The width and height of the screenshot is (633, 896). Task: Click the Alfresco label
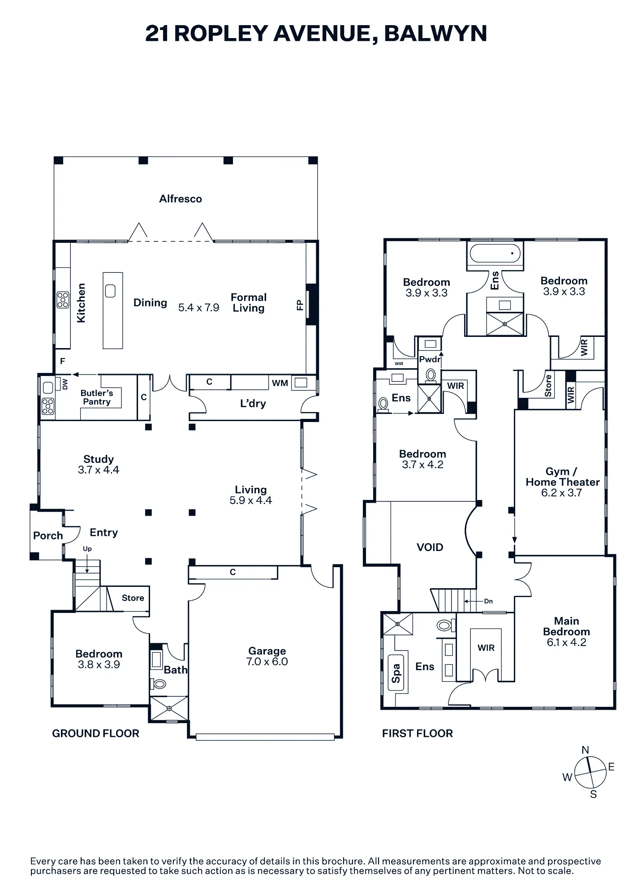181,199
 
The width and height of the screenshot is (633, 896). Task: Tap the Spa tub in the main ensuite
396,673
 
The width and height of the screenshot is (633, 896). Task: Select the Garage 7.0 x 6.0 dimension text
267,662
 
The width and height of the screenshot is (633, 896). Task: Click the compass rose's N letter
585,750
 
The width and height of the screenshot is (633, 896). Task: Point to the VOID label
430,547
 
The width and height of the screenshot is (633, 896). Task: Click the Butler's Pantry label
97,397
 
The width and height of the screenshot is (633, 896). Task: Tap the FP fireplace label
300,306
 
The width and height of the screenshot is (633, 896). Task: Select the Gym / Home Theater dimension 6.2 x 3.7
562,493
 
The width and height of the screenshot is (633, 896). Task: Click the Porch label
48,536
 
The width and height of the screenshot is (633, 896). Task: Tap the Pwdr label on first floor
430,359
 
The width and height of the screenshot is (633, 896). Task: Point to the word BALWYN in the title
435,34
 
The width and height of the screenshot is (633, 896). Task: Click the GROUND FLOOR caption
95,733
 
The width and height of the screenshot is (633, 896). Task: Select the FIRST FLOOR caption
418,733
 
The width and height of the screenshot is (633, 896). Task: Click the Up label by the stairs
87,549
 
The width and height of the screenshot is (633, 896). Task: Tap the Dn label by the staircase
488,601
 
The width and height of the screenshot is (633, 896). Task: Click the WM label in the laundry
280,383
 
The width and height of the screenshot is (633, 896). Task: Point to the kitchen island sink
110,291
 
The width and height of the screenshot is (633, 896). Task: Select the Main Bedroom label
566,626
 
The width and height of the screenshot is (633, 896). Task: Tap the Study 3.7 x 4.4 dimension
99,470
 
